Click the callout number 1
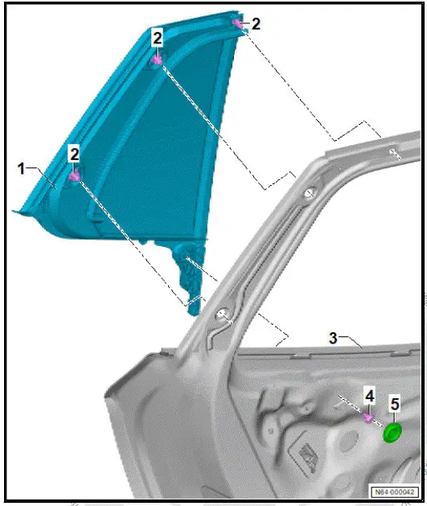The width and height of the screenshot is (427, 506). (x=22, y=168)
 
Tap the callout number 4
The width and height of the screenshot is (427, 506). (x=369, y=396)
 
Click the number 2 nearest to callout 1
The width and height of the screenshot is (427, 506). (x=74, y=152)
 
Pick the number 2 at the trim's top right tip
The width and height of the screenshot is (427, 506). (x=256, y=24)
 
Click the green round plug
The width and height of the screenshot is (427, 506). (x=392, y=433)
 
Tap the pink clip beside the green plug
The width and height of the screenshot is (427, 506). (x=368, y=418)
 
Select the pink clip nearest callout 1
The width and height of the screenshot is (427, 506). (x=74, y=175)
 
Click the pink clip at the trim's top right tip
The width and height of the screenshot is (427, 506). (x=239, y=23)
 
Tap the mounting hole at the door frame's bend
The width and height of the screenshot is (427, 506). (x=309, y=194)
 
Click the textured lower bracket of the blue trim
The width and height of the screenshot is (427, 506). (x=191, y=278)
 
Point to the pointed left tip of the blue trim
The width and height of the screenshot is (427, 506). (x=16, y=212)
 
